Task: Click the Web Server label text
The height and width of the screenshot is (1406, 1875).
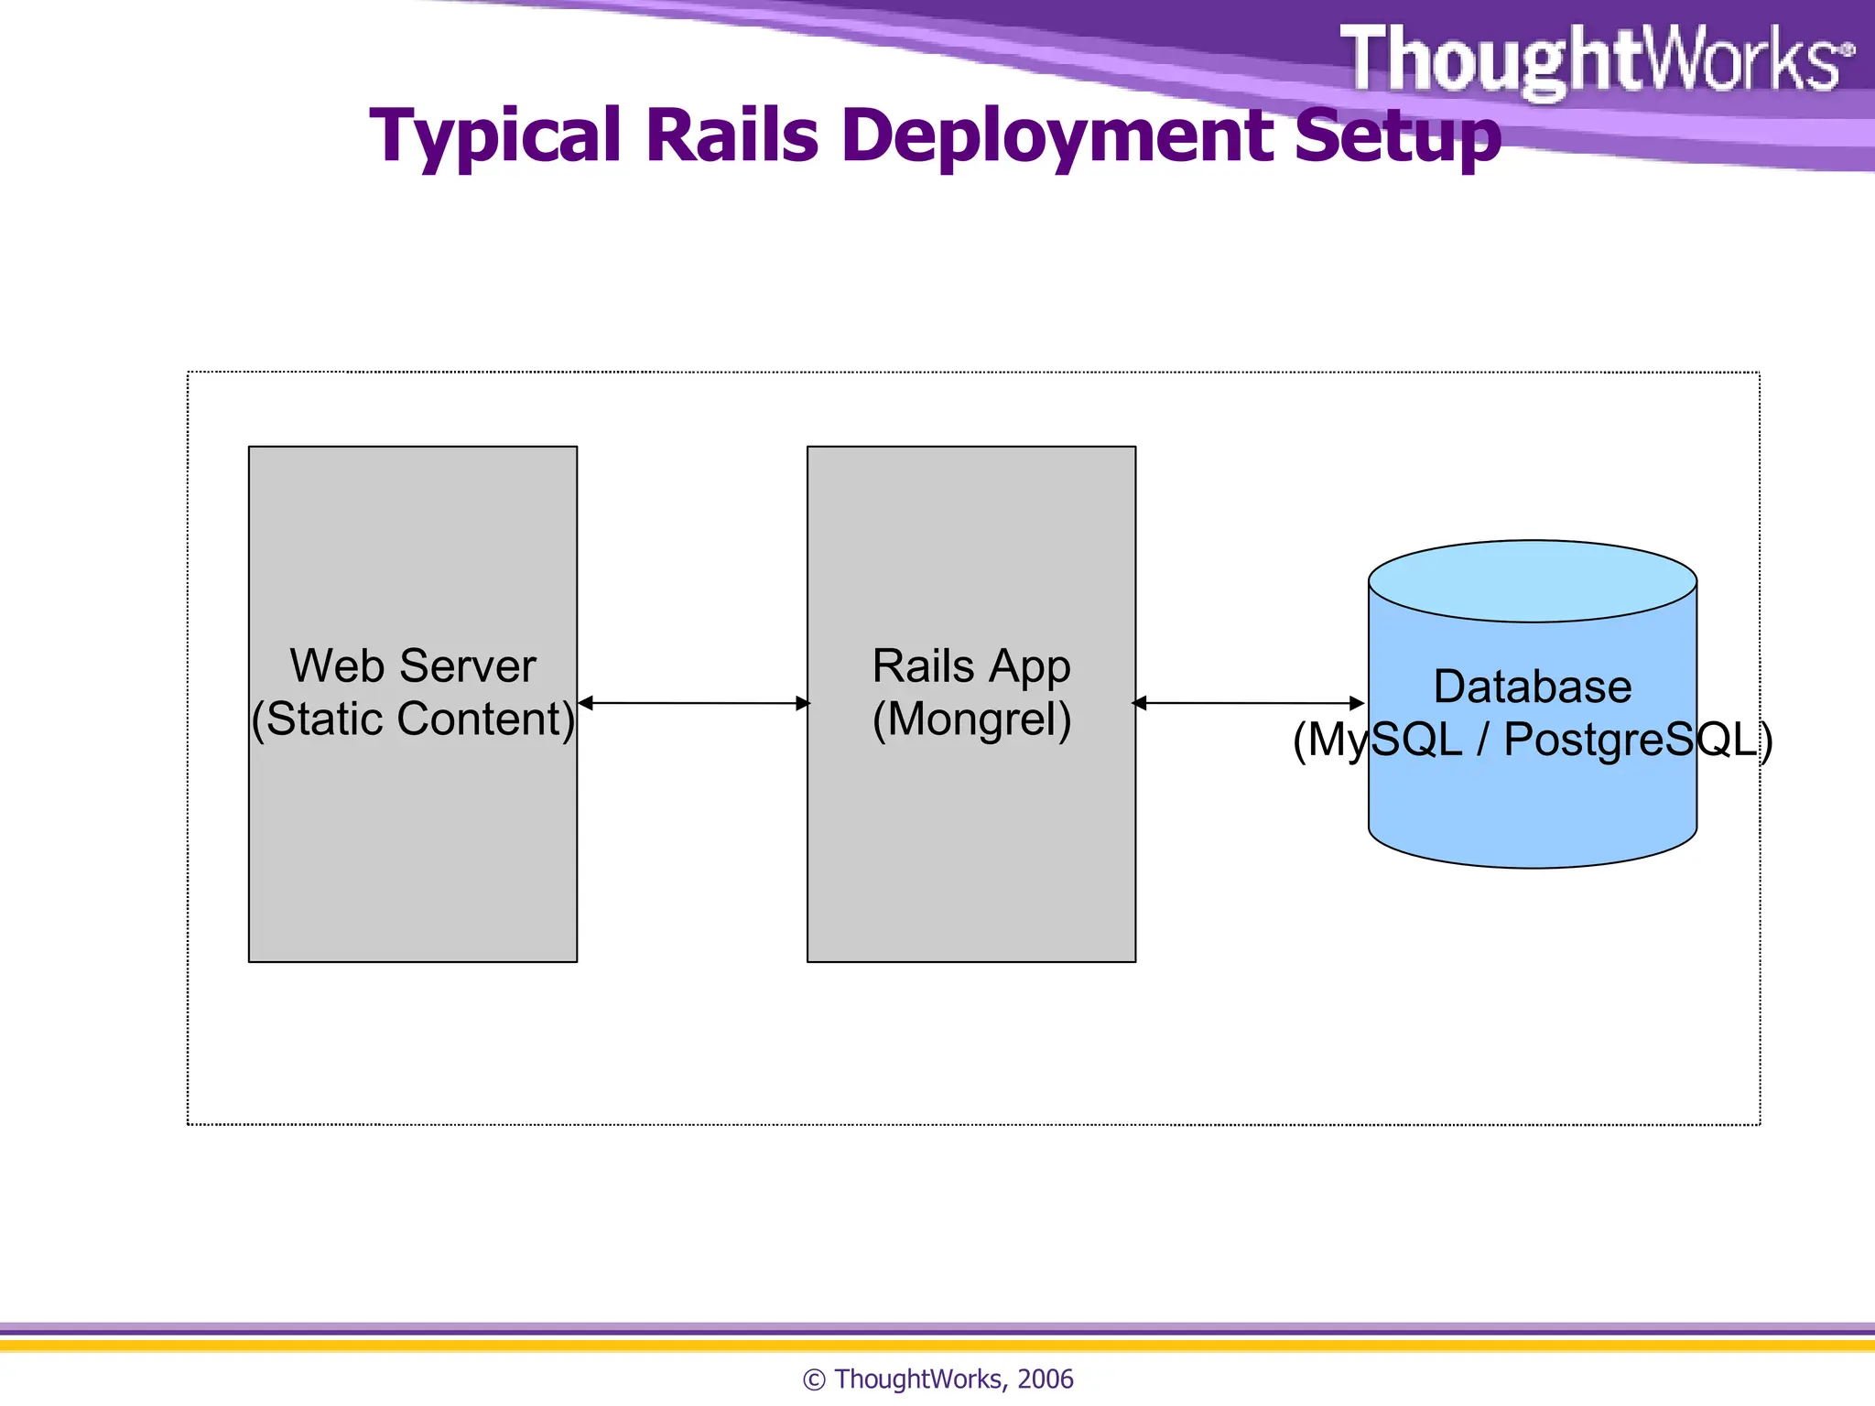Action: [412, 665]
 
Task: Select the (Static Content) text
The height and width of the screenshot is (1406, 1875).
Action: [412, 719]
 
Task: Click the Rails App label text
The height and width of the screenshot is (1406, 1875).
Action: [971, 665]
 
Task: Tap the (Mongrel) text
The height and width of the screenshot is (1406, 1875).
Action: [971, 719]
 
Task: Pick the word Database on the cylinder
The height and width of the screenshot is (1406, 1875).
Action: [1532, 687]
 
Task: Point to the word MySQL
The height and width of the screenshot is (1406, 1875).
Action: [1384, 740]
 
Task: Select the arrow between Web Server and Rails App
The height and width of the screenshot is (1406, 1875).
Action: [694, 703]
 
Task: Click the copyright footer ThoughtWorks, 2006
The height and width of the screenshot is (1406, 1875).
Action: [937, 1379]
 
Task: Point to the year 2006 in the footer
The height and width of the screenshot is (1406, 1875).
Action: [1045, 1379]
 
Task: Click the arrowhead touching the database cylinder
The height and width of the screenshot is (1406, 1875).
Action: [1358, 703]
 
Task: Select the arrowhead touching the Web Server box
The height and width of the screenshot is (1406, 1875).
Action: [586, 703]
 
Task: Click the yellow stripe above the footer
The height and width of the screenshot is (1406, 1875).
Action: [937, 1346]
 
